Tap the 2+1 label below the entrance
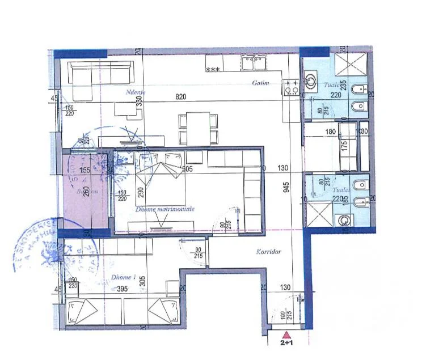(286, 343)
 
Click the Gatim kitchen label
(260, 83)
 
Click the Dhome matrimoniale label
(165, 209)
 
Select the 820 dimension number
(181, 97)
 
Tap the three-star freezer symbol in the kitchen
(213, 70)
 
